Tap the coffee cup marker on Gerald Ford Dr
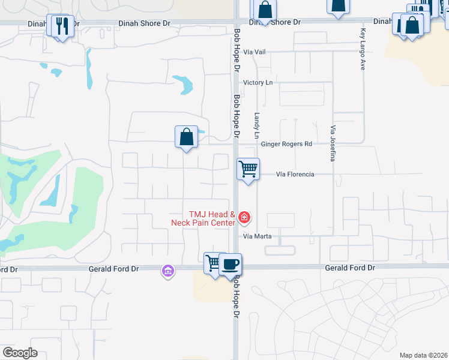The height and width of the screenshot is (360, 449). [229, 264]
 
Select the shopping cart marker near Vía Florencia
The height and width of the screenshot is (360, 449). [248, 169]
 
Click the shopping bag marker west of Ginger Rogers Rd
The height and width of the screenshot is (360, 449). [187, 137]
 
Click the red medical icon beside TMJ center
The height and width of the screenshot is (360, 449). [244, 217]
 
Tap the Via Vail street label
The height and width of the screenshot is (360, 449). [255, 52]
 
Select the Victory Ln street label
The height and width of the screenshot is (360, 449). [258, 82]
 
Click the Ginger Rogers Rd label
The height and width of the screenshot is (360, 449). [287, 144]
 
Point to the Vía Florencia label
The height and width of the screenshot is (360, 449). [295, 175]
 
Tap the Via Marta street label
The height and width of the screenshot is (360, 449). [257, 236]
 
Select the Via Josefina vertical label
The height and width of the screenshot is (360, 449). [332, 143]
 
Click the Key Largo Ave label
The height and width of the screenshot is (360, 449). [363, 49]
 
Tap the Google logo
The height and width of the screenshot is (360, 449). [20, 352]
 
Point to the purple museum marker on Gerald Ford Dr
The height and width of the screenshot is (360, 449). [167, 272]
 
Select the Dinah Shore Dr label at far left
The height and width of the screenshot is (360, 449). [49, 24]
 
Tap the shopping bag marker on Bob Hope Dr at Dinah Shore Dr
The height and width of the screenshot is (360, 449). [265, 11]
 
